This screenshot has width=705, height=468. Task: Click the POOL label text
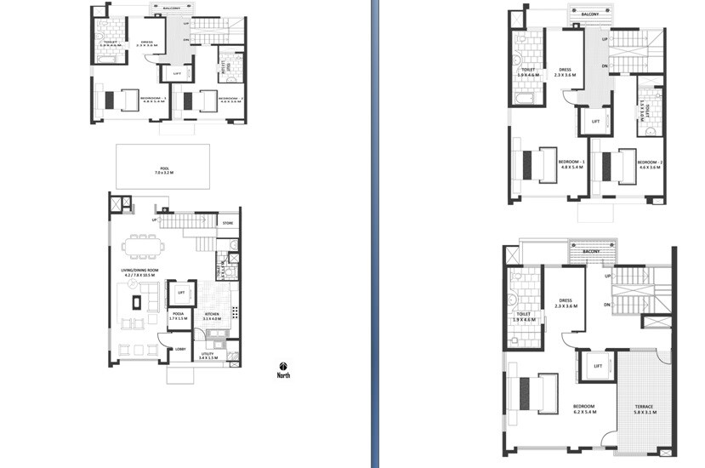[x=163, y=168]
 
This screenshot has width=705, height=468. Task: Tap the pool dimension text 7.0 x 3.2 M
[x=163, y=173]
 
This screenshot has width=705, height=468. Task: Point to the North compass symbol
[x=283, y=367]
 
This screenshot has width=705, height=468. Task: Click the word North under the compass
[x=283, y=375]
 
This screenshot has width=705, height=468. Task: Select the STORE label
[x=227, y=224]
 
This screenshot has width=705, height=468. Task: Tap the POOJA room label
[x=179, y=313]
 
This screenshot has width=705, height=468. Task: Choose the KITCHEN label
[x=212, y=313]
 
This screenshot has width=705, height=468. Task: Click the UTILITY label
[x=208, y=353]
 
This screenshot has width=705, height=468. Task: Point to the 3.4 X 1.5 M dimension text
[x=208, y=358]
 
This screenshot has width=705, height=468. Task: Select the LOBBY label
[x=180, y=349]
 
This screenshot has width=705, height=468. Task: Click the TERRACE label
[x=644, y=406]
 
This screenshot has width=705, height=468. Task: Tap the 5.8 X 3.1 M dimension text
[x=644, y=412]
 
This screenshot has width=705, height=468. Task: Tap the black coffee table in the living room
[x=134, y=301]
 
